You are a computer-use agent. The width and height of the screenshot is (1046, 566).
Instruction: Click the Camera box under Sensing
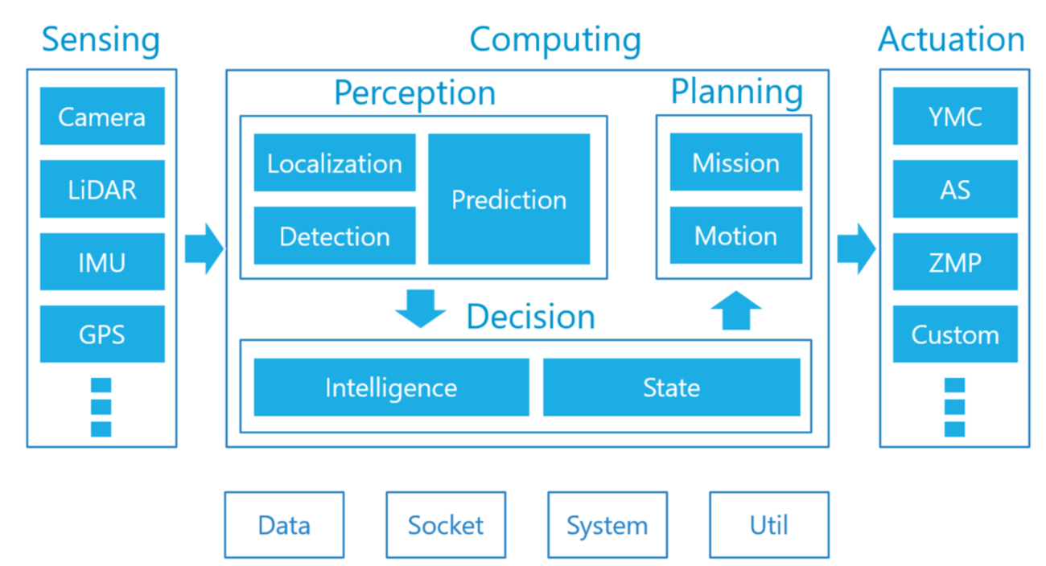102,116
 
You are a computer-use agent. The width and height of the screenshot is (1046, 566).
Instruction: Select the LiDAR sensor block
102,189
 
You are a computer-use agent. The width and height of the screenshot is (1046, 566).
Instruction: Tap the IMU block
102,262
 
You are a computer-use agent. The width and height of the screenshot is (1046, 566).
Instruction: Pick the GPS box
102,334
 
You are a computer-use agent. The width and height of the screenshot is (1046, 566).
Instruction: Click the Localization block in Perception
335,163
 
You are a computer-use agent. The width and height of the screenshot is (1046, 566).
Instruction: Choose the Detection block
335,236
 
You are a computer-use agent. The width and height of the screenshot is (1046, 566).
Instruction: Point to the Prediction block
509,199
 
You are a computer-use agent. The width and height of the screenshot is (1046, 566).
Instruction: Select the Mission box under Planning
736,162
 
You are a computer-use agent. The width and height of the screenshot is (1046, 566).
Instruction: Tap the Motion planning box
736,236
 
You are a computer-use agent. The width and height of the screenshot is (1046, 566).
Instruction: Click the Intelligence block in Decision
391,388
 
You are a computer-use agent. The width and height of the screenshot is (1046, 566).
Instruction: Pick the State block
672,388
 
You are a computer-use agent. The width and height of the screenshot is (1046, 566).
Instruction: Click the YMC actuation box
955,116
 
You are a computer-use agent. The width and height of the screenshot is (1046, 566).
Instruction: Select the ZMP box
955,262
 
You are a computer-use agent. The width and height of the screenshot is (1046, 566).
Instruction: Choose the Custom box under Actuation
955,334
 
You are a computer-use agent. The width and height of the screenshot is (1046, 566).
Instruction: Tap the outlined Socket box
446,525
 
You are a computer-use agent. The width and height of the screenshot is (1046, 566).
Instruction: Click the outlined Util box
769,525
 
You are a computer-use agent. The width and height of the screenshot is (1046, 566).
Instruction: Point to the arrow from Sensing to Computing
204,248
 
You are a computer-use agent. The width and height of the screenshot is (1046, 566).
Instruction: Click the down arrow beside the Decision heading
420,309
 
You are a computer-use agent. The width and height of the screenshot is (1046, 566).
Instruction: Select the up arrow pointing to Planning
736,310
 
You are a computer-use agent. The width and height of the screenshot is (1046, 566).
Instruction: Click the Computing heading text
555,40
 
